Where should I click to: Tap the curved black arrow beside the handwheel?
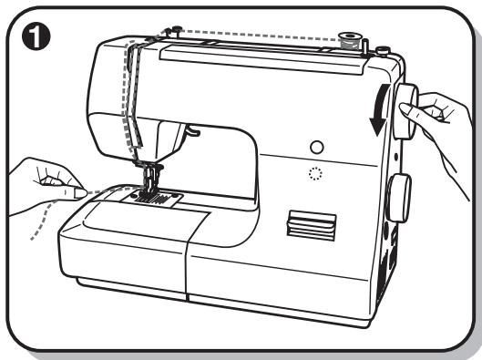376,117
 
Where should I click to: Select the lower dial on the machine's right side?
398,197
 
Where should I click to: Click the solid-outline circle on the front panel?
316,146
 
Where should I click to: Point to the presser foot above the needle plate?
149,177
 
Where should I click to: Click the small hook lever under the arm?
190,131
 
